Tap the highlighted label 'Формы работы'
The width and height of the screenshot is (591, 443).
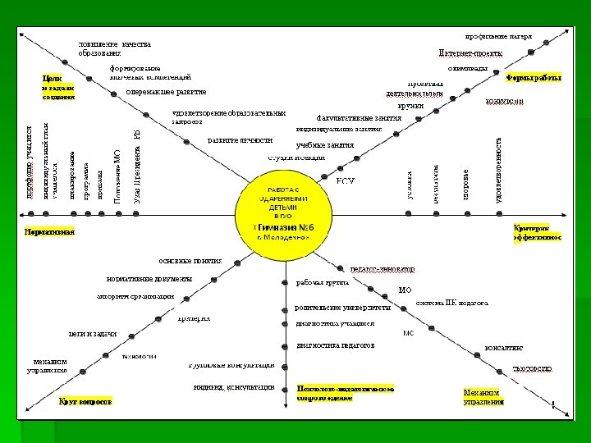pyautogui.click(x=534, y=78)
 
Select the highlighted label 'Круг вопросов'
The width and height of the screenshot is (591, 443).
pyautogui.click(x=85, y=401)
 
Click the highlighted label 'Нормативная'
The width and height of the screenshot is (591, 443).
pyautogui.click(x=49, y=231)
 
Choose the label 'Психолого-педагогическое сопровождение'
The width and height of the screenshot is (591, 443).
pyautogui.click(x=346, y=392)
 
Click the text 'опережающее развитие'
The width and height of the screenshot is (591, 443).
pyautogui.click(x=167, y=92)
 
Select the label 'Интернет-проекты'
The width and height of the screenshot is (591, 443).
pyautogui.click(x=470, y=52)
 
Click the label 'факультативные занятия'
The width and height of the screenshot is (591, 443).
pyautogui.click(x=359, y=117)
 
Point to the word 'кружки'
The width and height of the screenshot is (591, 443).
pyautogui.click(x=410, y=106)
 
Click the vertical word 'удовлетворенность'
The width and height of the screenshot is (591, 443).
pyautogui.click(x=500, y=169)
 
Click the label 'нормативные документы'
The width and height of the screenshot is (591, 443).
pyautogui.click(x=149, y=279)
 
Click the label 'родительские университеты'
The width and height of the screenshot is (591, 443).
pyautogui.click(x=343, y=308)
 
